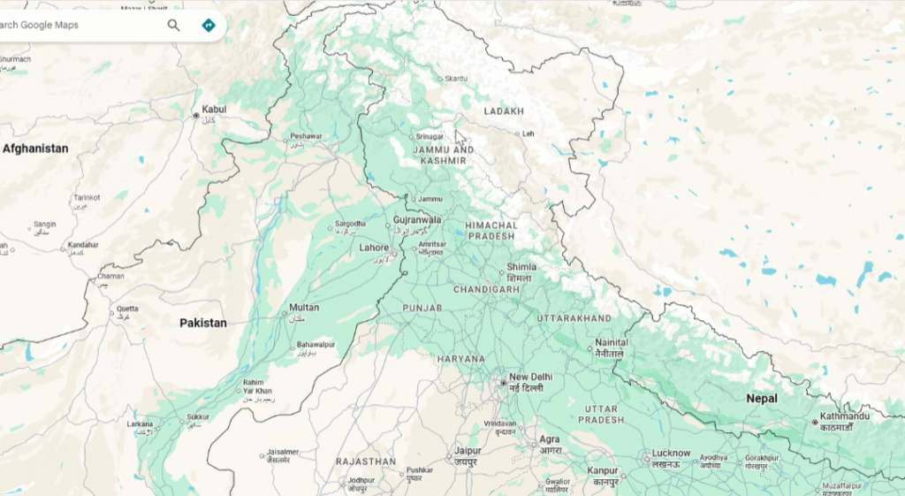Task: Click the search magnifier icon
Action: click(173, 25)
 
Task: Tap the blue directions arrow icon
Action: click(209, 25)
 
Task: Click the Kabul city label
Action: click(214, 110)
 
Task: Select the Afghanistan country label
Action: click(35, 149)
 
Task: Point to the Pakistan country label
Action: click(203, 323)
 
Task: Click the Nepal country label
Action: click(762, 399)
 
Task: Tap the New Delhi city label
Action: click(530, 378)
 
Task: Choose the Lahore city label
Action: click(374, 248)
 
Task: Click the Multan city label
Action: click(304, 308)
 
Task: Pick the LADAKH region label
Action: click(504, 111)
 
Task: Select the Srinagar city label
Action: click(430, 137)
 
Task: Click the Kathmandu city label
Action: click(845, 416)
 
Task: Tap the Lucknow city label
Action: click(671, 454)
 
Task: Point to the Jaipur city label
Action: click(468, 450)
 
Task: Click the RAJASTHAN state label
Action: click(366, 462)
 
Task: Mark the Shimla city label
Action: click(521, 268)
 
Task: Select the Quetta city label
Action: click(127, 309)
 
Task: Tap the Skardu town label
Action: click(456, 79)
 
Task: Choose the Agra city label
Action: click(550, 439)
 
